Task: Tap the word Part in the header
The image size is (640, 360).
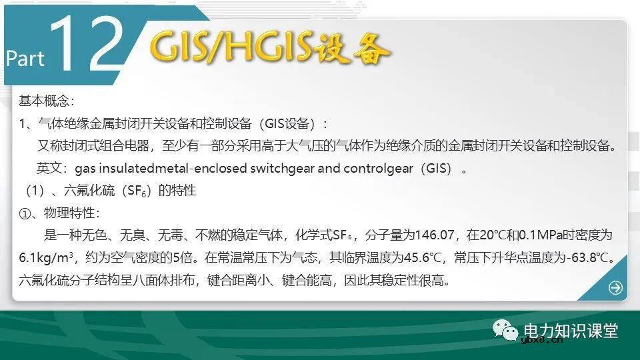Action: coord(25,58)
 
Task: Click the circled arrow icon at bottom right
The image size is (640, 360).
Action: coord(615,288)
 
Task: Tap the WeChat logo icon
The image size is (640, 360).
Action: coord(508,331)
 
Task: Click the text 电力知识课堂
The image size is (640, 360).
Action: coord(571,331)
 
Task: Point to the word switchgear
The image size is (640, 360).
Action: coord(282,168)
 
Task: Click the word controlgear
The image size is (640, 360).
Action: coord(379,168)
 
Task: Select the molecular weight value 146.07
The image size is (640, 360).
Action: coord(434,235)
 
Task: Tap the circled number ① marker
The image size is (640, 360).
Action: coord(25,213)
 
